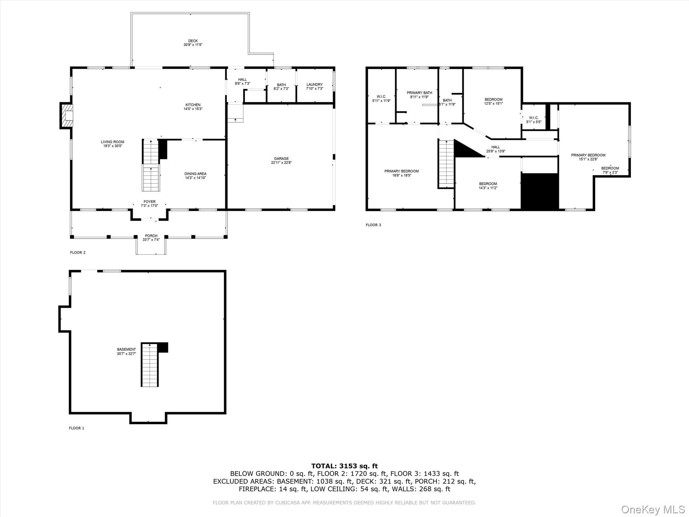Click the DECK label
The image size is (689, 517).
tap(193, 41)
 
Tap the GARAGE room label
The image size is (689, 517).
tap(281, 159)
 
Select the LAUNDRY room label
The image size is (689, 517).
tap(314, 84)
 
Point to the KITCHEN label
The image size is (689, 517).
tap(193, 105)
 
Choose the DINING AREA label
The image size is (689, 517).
tap(195, 174)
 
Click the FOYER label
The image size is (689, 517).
tap(149, 202)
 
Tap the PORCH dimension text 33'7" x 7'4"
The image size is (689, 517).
tap(151, 240)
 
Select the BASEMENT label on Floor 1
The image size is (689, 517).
tap(126, 349)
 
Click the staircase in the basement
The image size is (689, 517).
tap(149, 365)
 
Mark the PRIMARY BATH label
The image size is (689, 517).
tap(419, 93)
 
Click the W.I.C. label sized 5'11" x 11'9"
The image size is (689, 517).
tap(381, 97)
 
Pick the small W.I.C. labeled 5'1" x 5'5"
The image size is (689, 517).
tap(534, 118)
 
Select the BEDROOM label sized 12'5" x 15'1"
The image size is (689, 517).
tap(494, 99)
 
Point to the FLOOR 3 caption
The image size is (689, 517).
tap(373, 225)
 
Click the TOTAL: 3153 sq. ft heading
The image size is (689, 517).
tap(344, 466)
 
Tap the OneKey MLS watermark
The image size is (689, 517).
tap(653, 509)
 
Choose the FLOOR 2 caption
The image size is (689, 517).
tap(78, 252)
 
